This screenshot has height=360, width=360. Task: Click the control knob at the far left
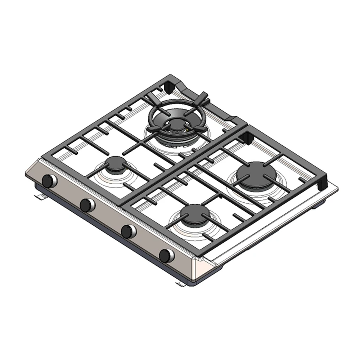pyautogui.click(x=49, y=181)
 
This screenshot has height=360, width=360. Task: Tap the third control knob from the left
pyautogui.click(x=128, y=231)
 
